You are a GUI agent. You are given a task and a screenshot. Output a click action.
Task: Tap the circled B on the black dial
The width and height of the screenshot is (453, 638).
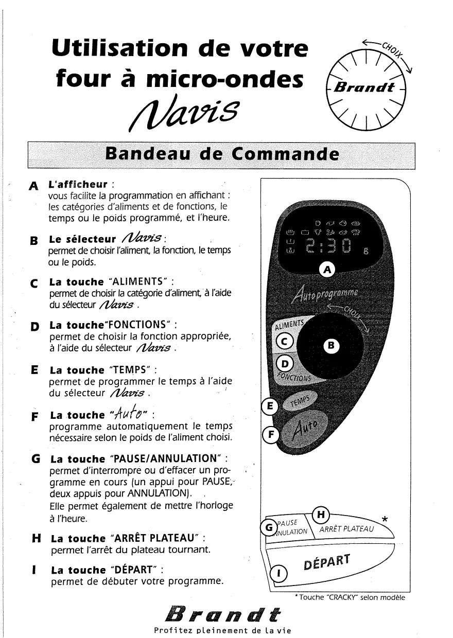click(x=332, y=346)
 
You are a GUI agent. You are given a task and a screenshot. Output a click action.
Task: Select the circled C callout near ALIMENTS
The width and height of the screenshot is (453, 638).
click(x=284, y=340)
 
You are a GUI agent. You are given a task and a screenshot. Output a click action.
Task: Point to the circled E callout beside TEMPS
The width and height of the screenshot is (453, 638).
click(x=269, y=406)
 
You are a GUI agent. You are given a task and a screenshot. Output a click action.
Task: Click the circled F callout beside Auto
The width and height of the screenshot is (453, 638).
click(x=269, y=435)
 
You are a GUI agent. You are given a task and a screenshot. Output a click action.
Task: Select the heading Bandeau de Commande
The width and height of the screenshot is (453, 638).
click(x=222, y=154)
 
